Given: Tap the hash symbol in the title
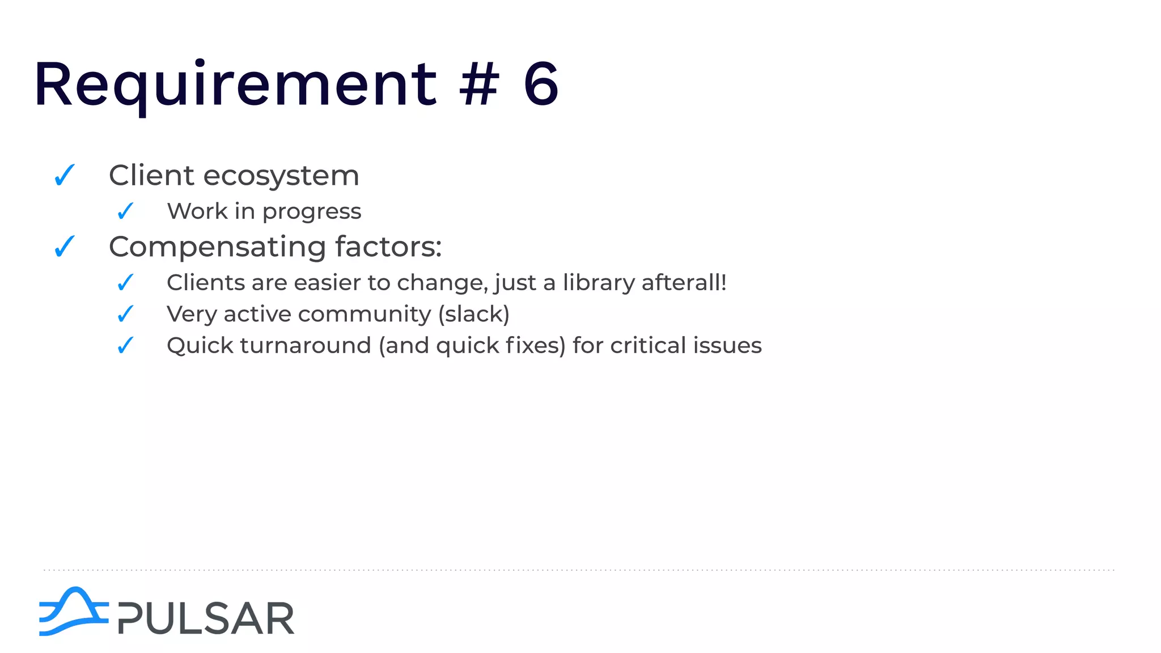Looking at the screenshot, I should coord(480,85).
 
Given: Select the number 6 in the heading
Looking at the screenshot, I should coord(541,85).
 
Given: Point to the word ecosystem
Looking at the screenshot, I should coord(281,176).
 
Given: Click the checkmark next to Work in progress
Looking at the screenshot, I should coord(125,211).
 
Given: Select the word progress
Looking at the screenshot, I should coord(312,212).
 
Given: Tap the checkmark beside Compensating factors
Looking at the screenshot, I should coord(65,247).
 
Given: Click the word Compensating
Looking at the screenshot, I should coord(217,248).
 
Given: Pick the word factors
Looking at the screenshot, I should coord(388,247).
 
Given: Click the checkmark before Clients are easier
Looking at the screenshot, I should coord(125,282).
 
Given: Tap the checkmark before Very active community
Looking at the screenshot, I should coord(125,313).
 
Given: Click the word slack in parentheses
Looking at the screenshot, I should coord(474,314).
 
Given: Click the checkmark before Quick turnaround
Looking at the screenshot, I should coord(125,345).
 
